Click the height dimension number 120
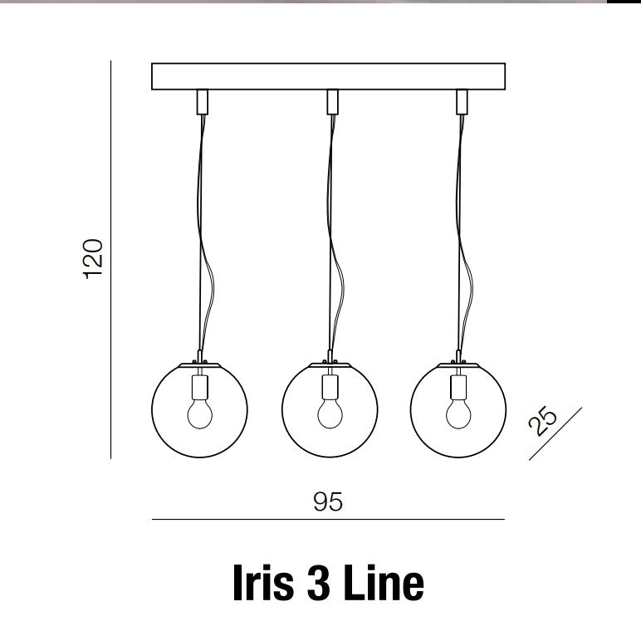(x=93, y=259)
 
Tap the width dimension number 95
(x=328, y=501)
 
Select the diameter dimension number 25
(x=542, y=421)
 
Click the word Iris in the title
(x=263, y=582)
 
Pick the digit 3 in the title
(x=319, y=582)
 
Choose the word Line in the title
(x=384, y=582)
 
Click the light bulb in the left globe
(x=200, y=413)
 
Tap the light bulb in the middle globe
(x=330, y=413)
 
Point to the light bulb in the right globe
(x=458, y=413)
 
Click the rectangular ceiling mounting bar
(x=328, y=76)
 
